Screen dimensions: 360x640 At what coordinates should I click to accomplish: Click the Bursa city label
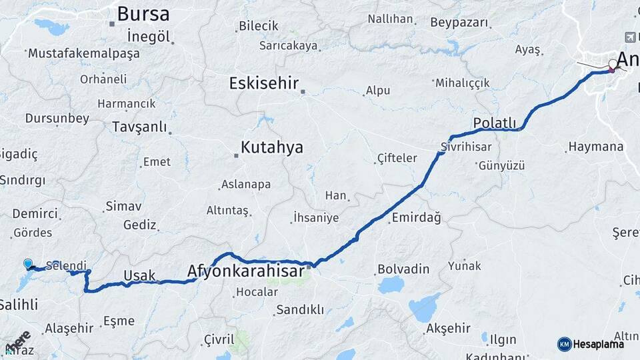click(143, 13)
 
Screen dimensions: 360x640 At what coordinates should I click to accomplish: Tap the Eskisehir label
click(263, 83)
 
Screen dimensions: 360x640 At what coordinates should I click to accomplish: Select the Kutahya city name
click(272, 147)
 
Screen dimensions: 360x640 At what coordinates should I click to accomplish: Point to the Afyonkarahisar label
click(246, 271)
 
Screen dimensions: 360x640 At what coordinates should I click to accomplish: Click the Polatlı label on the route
click(495, 123)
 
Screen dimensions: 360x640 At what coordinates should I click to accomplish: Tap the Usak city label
click(139, 275)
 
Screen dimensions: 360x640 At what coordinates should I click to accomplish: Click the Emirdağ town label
click(416, 218)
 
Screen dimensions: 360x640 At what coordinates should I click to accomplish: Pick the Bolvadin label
click(403, 269)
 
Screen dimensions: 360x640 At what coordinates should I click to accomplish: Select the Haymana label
click(595, 147)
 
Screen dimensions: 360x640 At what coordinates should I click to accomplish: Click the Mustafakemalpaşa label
click(83, 53)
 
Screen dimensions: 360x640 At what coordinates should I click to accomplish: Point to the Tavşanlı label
click(139, 127)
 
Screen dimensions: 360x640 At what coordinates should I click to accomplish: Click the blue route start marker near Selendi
click(28, 265)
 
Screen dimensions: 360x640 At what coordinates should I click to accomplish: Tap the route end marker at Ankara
click(613, 65)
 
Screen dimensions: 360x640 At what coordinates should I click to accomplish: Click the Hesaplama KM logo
click(591, 344)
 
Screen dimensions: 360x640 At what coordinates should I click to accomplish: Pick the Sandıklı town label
click(300, 309)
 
